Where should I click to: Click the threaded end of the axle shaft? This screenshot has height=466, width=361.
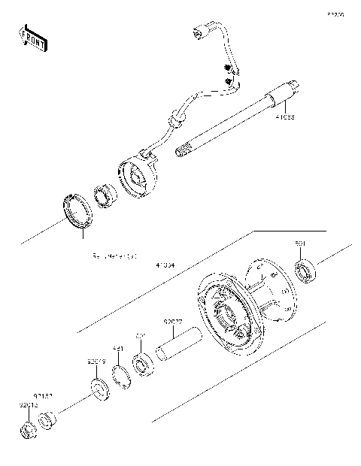(183, 154)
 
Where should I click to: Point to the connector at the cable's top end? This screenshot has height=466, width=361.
(199, 32)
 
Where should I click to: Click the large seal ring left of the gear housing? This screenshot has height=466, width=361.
(75, 210)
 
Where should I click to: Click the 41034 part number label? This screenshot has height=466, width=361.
(165, 265)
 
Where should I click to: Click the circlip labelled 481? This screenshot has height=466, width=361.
(121, 375)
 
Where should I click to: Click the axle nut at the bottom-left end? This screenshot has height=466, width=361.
(26, 432)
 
